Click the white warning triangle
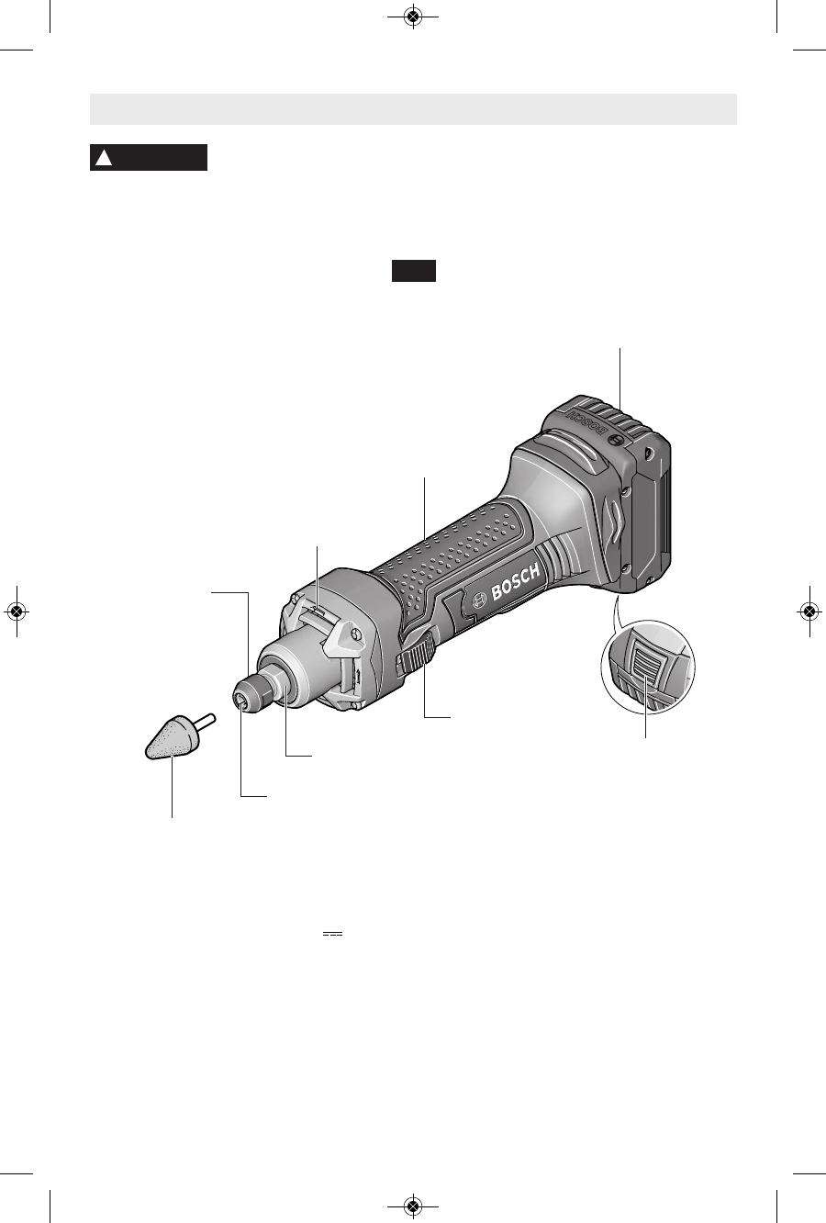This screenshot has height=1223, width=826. point(104,158)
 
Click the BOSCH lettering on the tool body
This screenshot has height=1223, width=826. point(516,582)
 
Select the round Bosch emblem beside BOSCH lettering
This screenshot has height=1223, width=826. point(479,600)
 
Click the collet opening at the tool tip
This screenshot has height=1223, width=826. point(240,702)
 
